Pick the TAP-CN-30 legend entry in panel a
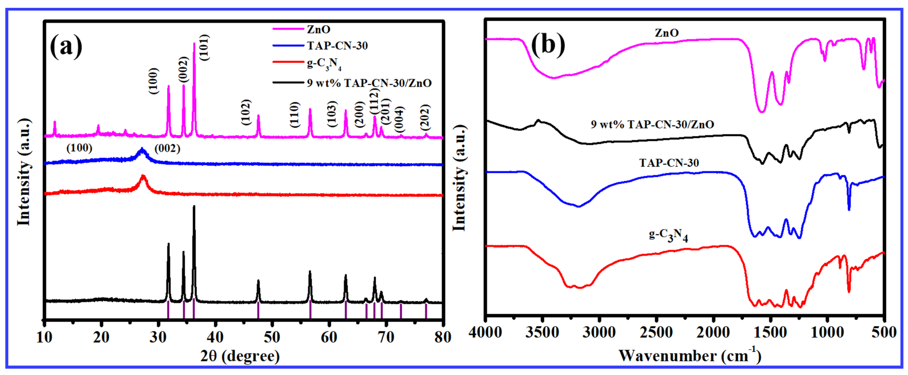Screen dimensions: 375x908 (x=337, y=46)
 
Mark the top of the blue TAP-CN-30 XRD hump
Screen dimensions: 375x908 (x=142, y=149)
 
